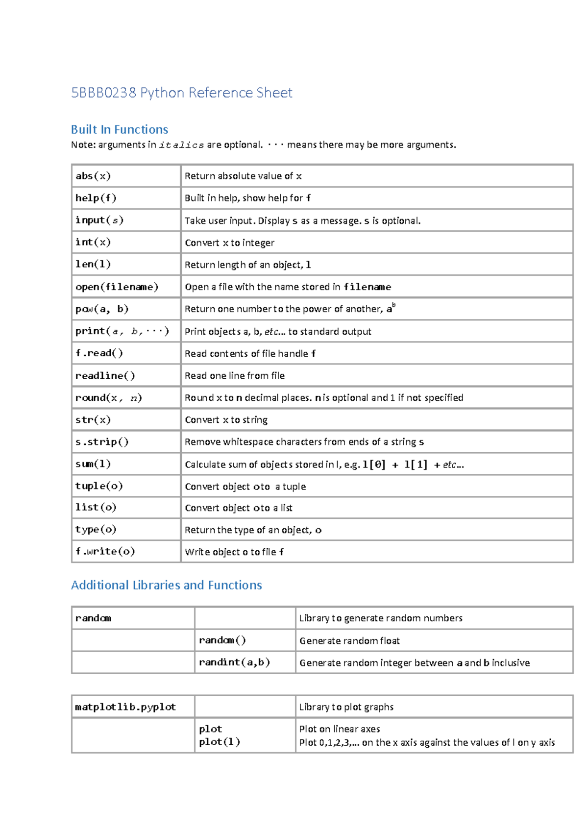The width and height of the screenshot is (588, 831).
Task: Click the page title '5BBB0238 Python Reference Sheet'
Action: click(181, 93)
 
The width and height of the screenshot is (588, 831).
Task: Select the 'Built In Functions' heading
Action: click(120, 129)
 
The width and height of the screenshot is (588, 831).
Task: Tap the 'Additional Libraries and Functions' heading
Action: click(167, 585)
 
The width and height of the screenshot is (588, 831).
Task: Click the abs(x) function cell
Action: click(93, 176)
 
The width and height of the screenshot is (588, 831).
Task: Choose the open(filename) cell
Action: click(117, 287)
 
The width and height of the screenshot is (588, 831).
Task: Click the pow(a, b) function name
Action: click(102, 309)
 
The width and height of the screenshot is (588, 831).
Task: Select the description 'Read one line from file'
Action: click(235, 376)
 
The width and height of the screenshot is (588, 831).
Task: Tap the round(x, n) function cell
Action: click(109, 398)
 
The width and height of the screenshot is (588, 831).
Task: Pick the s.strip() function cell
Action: click(102, 442)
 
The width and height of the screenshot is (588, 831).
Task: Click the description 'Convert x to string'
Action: click(226, 420)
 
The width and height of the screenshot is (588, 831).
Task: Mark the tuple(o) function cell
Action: click(99, 486)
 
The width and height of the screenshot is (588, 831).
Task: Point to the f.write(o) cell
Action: click(105, 552)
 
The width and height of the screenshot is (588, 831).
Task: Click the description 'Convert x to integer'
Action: click(229, 243)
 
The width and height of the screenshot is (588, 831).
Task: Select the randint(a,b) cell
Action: click(234, 662)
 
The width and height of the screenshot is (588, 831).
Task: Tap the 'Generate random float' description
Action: click(349, 641)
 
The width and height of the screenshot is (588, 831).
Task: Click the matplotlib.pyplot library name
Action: click(125, 707)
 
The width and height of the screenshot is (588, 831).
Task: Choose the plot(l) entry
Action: click(220, 742)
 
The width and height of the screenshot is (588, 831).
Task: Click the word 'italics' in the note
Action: click(181, 145)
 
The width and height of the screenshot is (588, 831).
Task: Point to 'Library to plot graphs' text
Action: click(346, 707)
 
